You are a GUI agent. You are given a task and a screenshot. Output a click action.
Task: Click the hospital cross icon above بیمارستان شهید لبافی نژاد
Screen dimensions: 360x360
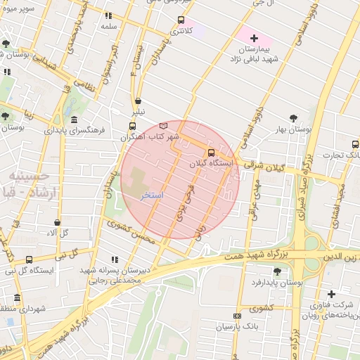coord(255,37)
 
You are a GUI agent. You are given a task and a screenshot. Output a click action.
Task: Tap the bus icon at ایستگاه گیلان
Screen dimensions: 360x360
coord(211,153)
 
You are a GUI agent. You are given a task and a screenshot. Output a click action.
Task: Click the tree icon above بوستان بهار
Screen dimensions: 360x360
coord(293,118)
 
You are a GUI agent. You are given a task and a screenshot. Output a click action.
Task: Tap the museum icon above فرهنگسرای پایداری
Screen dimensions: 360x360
coord(75,119)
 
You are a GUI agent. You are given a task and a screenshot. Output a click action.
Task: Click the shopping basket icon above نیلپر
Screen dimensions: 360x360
coord(138,101)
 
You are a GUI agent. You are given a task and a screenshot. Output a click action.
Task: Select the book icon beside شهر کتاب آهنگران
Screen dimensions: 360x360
coord(165,124)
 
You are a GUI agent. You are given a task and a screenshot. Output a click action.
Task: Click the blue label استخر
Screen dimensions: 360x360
coord(153,195)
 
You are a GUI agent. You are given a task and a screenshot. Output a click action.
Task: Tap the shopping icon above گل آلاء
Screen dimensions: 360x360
coord(57,222)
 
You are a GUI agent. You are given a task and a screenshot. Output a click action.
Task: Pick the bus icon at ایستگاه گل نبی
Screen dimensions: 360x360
coord(29,259)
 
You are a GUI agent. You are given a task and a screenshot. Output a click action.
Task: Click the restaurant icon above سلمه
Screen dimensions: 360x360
coord(108,15)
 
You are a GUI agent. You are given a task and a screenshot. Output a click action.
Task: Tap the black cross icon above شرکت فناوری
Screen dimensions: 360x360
coord(330,294)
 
